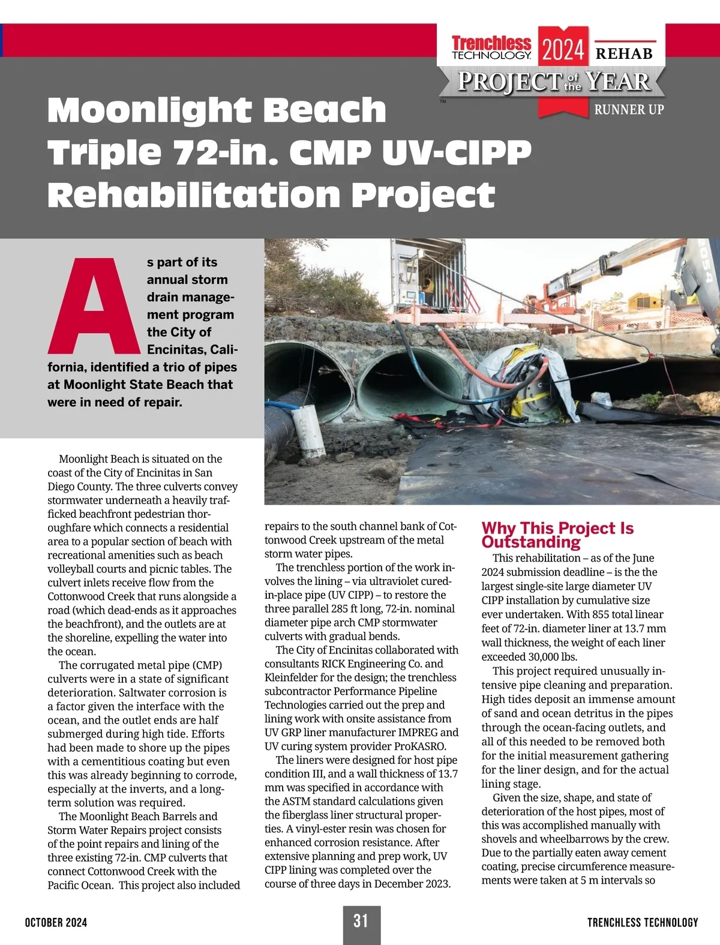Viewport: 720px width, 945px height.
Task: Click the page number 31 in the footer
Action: pos(361,921)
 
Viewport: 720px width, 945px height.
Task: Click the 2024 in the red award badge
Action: pos(563,50)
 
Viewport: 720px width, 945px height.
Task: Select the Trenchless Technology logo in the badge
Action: pos(491,47)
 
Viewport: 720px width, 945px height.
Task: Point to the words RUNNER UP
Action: pos(629,110)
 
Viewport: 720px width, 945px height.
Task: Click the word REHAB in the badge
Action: pos(624,54)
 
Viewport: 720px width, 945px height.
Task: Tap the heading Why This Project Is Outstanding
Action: pos(557,535)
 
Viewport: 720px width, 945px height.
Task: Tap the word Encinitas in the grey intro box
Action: pos(178,350)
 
